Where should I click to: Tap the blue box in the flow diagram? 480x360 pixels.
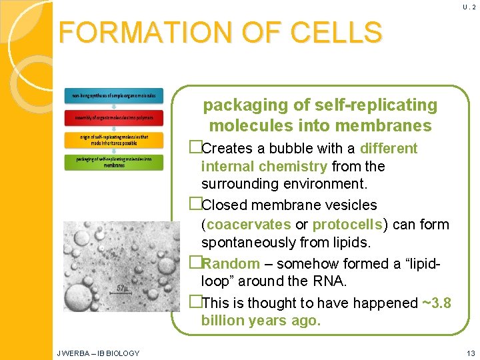(x=113, y=96)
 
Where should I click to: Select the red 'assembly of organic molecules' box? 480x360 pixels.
(x=113, y=118)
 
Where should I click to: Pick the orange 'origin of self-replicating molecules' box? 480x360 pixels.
(x=113, y=140)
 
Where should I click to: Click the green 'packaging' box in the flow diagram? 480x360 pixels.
(x=113, y=161)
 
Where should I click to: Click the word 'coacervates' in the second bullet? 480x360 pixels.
(x=249, y=225)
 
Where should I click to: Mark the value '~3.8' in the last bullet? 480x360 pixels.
(x=436, y=303)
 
